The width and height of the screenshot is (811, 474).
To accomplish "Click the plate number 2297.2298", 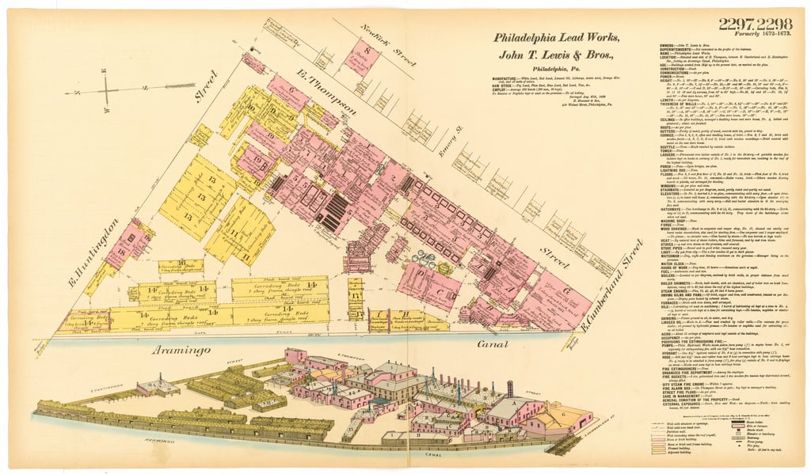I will pos(756,25).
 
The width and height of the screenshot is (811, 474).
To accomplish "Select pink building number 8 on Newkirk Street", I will pos(364,58).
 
